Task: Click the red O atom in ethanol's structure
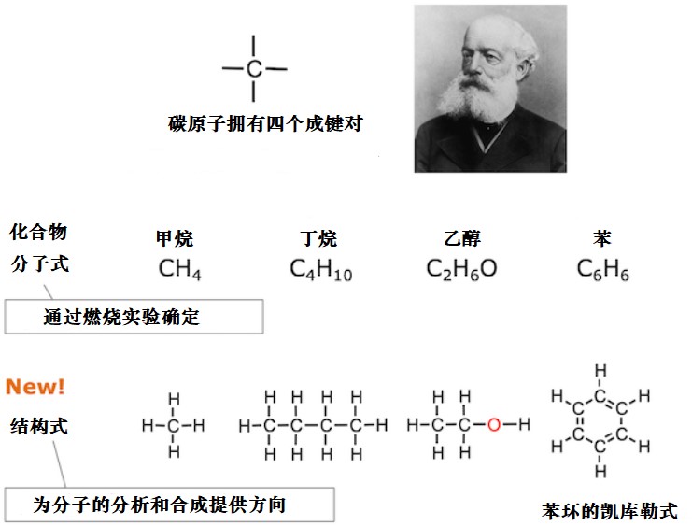(x=494, y=425)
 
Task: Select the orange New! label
(x=35, y=387)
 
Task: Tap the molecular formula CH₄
(x=179, y=269)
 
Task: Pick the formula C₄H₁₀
(x=321, y=269)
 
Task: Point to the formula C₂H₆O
(x=461, y=269)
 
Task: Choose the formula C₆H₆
(x=603, y=269)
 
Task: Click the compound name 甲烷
(x=175, y=238)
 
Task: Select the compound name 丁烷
(x=318, y=238)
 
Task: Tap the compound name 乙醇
(x=462, y=238)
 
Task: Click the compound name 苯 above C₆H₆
(x=602, y=238)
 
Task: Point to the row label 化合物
(x=38, y=232)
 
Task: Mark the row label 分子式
(x=40, y=264)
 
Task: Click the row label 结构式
(x=39, y=427)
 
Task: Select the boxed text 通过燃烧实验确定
(x=121, y=317)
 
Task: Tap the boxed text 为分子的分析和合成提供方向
(x=160, y=505)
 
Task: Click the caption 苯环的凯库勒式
(x=610, y=511)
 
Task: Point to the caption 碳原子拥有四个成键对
(x=265, y=123)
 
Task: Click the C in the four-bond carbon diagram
(x=254, y=69)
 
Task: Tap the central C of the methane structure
(x=174, y=426)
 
